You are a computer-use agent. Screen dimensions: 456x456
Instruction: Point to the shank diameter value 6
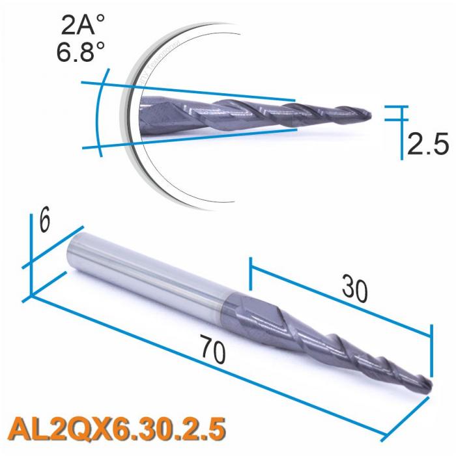(44, 223)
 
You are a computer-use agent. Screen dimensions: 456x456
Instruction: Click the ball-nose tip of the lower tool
(427, 386)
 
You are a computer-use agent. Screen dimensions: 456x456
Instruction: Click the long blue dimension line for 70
(215, 372)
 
